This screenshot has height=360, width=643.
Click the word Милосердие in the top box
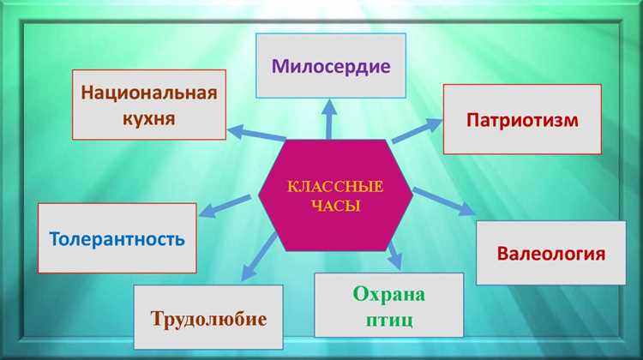(331, 65)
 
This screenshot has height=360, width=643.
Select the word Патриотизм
(522, 119)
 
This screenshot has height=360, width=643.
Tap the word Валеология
(551, 254)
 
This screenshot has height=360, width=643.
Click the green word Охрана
(388, 295)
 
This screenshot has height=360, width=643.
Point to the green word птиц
(389, 321)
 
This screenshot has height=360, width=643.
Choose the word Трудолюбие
(208, 319)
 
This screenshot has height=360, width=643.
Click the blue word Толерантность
(117, 237)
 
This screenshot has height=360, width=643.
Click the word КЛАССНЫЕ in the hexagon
(335, 187)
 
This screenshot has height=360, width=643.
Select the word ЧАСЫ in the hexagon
(335, 207)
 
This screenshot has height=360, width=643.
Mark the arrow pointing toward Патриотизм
(415, 130)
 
